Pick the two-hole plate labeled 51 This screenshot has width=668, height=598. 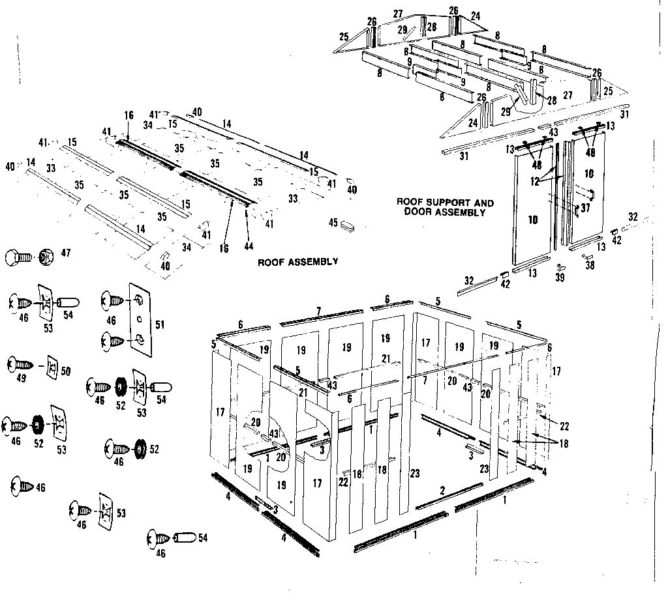tap(140, 320)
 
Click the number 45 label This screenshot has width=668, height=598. tap(333, 222)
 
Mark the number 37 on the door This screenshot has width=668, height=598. tap(584, 208)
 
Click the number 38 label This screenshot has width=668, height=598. tap(590, 266)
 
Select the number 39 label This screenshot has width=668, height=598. tap(560, 278)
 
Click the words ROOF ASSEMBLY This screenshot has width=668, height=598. tap(298, 262)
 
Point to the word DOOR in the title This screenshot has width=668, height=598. tap(416, 212)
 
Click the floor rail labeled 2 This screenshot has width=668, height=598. tap(450, 496)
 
